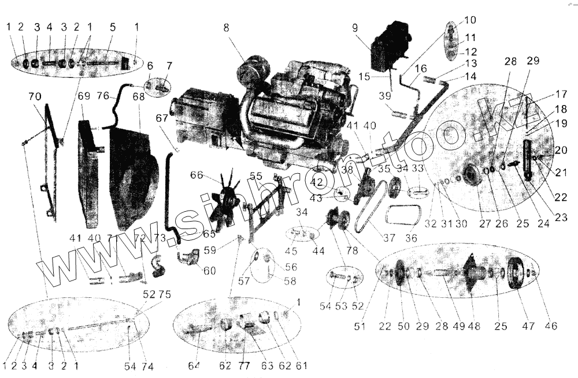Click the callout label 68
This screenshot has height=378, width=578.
click(x=139, y=98)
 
